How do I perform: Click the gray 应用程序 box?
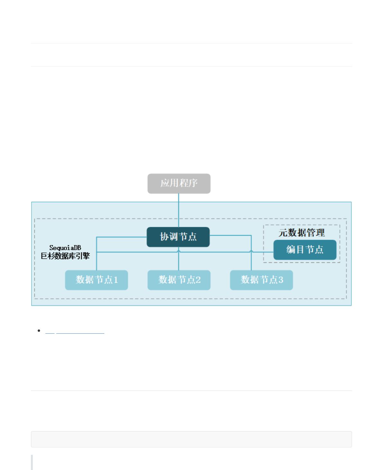point(179,184)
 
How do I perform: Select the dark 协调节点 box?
point(178,237)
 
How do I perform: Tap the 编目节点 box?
point(305,250)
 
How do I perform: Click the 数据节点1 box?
point(96,280)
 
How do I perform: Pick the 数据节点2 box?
point(179,280)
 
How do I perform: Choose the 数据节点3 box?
point(261,280)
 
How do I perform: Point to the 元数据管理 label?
point(302,233)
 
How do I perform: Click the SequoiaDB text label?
point(65,248)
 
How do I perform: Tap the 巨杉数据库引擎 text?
point(65,256)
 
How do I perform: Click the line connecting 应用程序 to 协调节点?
point(179,211)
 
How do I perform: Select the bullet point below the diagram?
point(39,331)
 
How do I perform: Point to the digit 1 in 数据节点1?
point(116,280)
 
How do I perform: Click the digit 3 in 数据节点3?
point(281,280)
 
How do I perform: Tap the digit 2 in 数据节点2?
point(198,280)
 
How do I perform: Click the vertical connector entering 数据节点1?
point(96,254)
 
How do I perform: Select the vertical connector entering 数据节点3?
point(251,253)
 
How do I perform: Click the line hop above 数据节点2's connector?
point(179,251)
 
